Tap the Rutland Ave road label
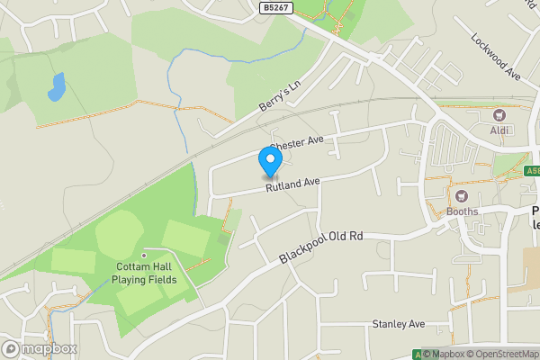coord(292,184)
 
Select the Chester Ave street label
coord(296,142)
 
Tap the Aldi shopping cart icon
coord(499,115)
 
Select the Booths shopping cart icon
coord(463,196)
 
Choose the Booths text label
coord(463,212)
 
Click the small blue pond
coord(57,87)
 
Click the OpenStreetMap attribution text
coord(492,354)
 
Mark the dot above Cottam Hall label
coord(143,255)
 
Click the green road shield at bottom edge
coord(417,355)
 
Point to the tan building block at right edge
coord(526,270)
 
